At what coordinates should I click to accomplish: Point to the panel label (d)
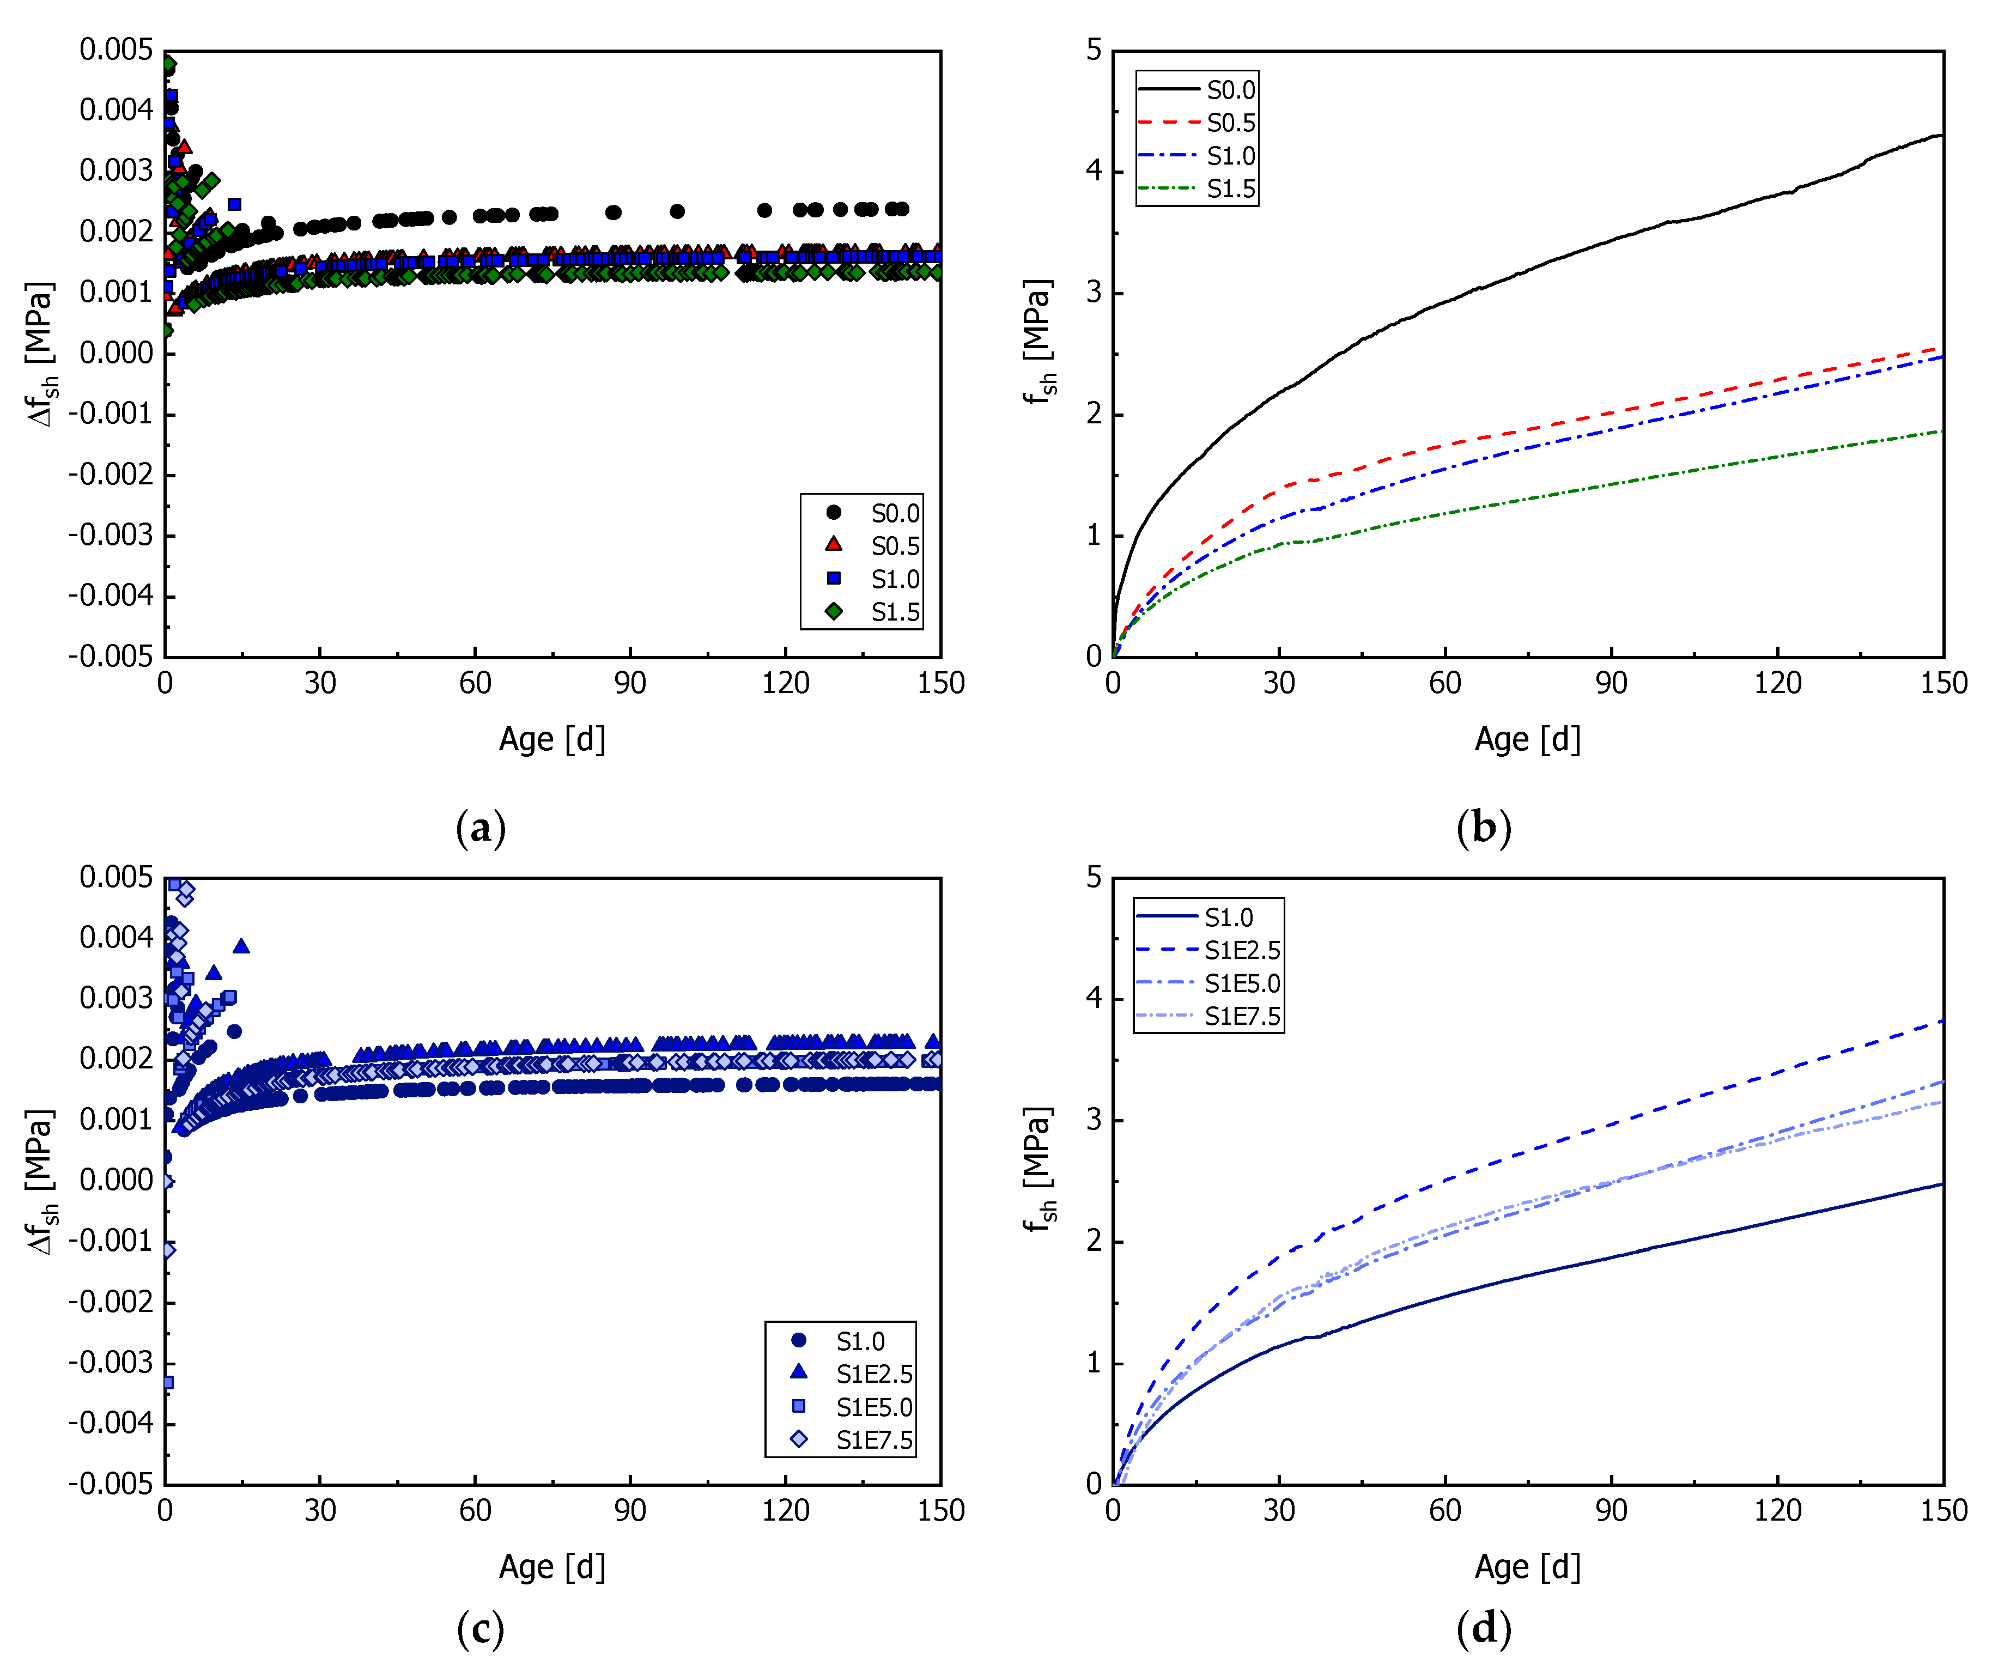tap(1483, 1629)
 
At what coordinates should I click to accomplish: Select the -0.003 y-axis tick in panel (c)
tap(110, 1362)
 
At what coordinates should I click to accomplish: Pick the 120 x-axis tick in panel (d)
tap(1777, 1511)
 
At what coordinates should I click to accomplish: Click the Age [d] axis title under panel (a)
tap(551, 739)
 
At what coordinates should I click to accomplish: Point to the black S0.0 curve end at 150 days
tap(1940, 136)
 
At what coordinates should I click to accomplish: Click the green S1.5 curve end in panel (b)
tap(1940, 432)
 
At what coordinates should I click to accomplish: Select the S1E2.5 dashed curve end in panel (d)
tap(1940, 1021)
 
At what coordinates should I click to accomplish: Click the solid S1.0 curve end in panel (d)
tap(1940, 1184)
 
